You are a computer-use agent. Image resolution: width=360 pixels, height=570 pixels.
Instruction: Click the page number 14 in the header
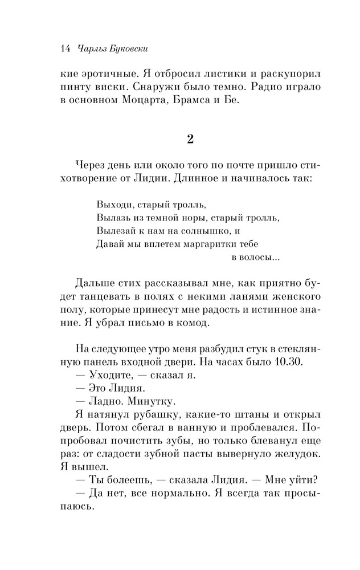click(64, 49)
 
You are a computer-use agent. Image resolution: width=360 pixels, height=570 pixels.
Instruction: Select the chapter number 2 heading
click(190, 139)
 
